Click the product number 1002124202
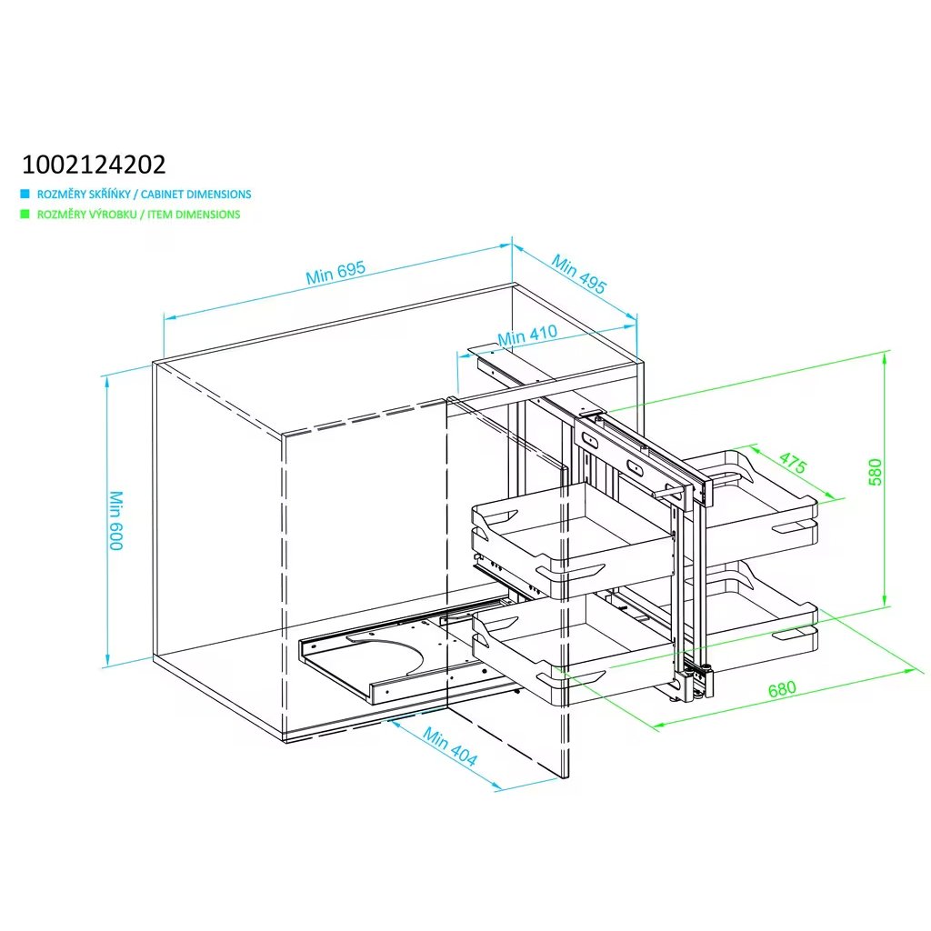click(x=94, y=165)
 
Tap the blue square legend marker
click(x=25, y=194)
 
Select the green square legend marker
click(x=25, y=215)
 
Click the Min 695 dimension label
click(x=335, y=273)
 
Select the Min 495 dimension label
click(x=579, y=274)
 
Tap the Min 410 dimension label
click(x=527, y=335)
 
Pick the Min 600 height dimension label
click(x=115, y=520)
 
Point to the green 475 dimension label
click(x=793, y=464)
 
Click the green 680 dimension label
click(x=782, y=689)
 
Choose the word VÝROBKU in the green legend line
click(x=101, y=215)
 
